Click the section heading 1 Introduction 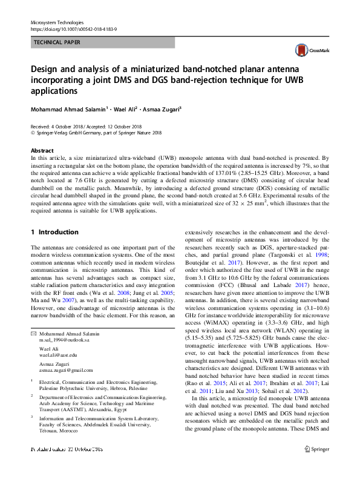pos(54,232)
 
